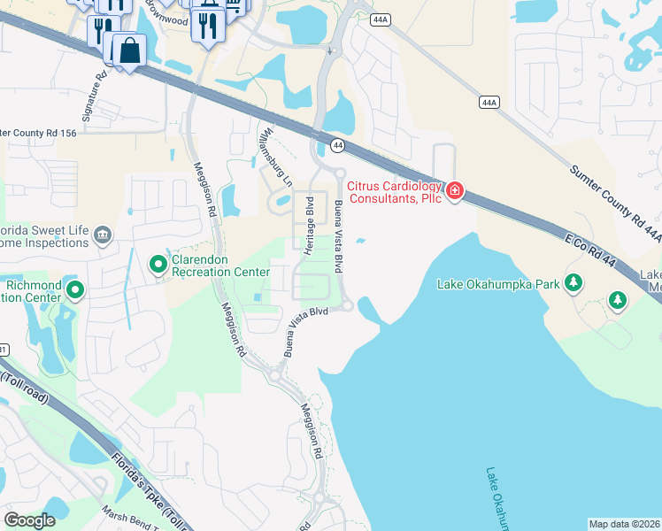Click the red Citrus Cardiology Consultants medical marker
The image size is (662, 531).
(x=455, y=191)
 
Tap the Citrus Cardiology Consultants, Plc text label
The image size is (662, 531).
(x=395, y=192)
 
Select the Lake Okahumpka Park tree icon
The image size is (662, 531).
(x=574, y=283)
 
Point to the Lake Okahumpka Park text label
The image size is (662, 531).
(x=499, y=284)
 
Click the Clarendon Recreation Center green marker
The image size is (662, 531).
(x=158, y=264)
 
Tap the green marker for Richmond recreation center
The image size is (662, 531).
(x=75, y=289)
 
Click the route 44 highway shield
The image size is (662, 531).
(x=337, y=144)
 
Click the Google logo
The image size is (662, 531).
(x=29, y=519)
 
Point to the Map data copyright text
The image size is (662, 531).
(x=625, y=524)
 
